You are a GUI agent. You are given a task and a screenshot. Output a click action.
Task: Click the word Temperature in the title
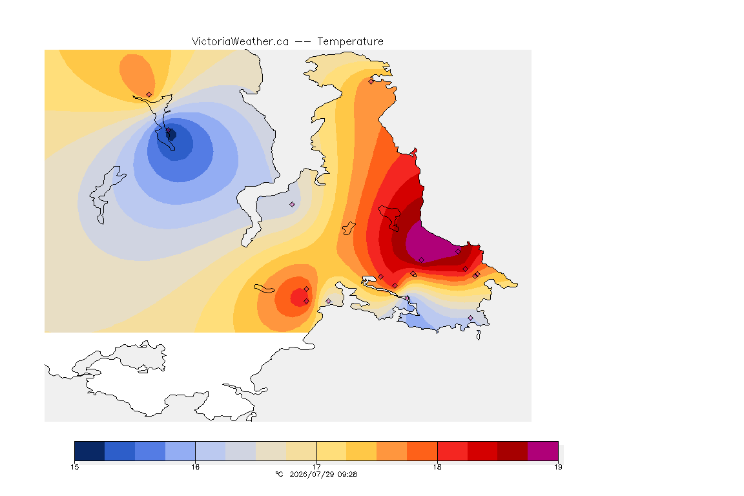pyautogui.click(x=350, y=42)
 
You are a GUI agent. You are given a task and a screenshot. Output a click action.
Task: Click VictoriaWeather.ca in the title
pyautogui.click(x=240, y=42)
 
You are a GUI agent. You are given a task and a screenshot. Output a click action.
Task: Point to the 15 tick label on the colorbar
pyautogui.click(x=74, y=467)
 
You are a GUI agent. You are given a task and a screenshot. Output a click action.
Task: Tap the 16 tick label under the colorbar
pyautogui.click(x=196, y=467)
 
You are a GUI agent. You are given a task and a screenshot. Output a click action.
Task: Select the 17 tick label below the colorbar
pyautogui.click(x=316, y=467)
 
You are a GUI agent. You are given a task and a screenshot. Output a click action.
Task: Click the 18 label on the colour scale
pyautogui.click(x=437, y=467)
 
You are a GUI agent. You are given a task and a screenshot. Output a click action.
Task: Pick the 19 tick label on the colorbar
pyautogui.click(x=558, y=467)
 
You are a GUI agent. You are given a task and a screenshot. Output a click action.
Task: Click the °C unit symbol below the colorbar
pyautogui.click(x=279, y=474)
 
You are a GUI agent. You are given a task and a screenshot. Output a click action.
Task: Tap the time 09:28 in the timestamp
pyautogui.click(x=347, y=474)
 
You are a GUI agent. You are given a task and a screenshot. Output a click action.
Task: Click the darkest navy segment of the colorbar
pyautogui.click(x=90, y=451)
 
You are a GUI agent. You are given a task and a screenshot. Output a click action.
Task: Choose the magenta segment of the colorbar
pyautogui.click(x=542, y=451)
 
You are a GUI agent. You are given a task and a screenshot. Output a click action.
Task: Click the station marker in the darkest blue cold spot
pyautogui.click(x=168, y=130)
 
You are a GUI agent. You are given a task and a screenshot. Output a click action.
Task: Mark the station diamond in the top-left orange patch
pyautogui.click(x=149, y=95)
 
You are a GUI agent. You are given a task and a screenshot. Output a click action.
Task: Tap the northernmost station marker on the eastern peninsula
pyautogui.click(x=371, y=81)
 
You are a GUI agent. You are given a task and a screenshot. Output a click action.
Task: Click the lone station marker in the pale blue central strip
pyautogui.click(x=293, y=205)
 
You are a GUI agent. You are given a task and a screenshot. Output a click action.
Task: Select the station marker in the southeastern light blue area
pyautogui.click(x=470, y=318)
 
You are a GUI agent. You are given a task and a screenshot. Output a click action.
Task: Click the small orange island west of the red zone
pyautogui.click(x=349, y=228)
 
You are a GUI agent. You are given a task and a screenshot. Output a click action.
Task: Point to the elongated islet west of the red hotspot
pyautogui.click(x=264, y=289)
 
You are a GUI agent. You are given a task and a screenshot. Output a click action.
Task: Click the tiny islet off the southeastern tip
pyautogui.click(x=479, y=335)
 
